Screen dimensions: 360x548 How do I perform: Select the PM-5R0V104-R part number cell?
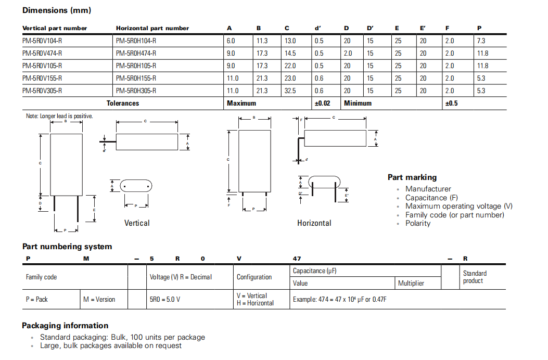click(x=42, y=41)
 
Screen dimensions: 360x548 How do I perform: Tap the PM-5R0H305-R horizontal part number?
click(x=136, y=91)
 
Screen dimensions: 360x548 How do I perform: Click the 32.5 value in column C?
click(x=290, y=91)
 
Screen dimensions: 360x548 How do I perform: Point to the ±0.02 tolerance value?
click(x=322, y=103)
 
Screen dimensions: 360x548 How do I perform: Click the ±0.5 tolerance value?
click(x=451, y=103)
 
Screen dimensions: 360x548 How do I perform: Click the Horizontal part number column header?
click(x=152, y=28)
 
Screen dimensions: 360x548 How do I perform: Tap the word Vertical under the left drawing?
click(x=137, y=223)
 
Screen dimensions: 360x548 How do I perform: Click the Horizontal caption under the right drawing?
click(x=314, y=223)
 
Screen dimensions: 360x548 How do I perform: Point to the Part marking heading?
click(x=412, y=177)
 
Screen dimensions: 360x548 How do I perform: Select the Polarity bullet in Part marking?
click(x=418, y=223)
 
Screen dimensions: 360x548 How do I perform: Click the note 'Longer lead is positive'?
click(x=59, y=116)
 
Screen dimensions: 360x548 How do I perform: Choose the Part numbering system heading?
click(x=67, y=247)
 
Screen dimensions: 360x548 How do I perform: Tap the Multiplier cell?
click(x=411, y=284)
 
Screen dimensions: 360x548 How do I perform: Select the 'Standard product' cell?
click(x=475, y=277)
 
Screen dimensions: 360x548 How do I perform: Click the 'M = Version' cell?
click(x=99, y=300)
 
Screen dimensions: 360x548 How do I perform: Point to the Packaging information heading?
click(x=65, y=326)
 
